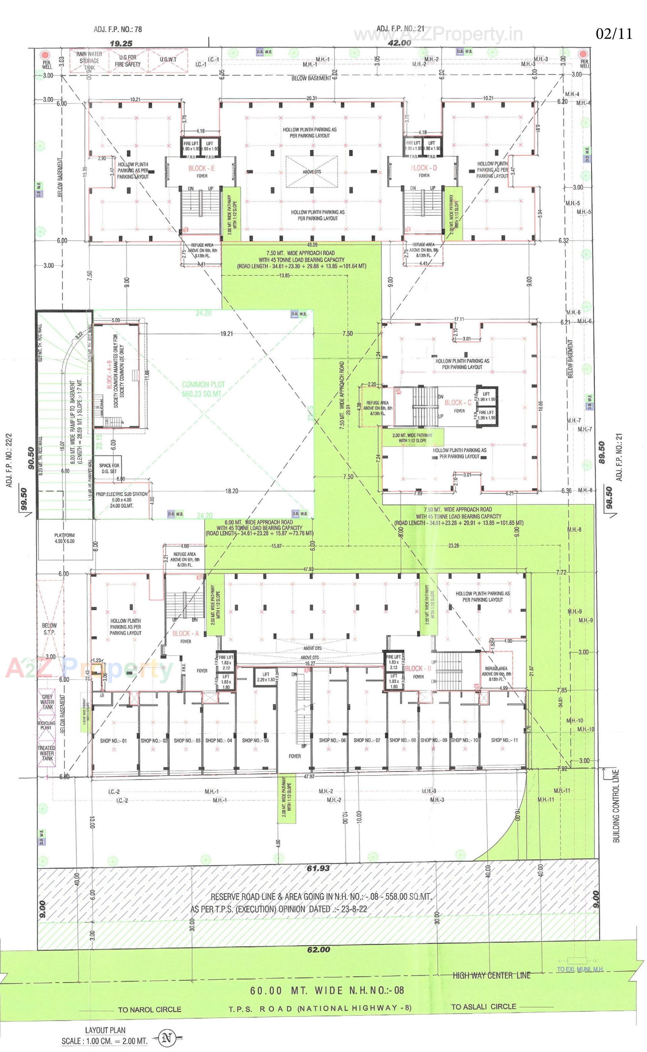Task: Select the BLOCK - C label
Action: [x=458, y=403]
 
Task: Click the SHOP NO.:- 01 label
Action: [x=114, y=741]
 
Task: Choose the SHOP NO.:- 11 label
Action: [x=504, y=740]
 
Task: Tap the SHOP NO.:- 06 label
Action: [x=333, y=740]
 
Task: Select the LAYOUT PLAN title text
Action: [x=105, y=1030]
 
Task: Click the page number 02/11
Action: [x=614, y=34]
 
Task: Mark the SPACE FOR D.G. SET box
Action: [x=109, y=469]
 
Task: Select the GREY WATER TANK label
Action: [x=47, y=702]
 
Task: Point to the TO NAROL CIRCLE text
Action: [x=150, y=1009]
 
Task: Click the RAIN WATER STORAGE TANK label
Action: [x=89, y=61]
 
